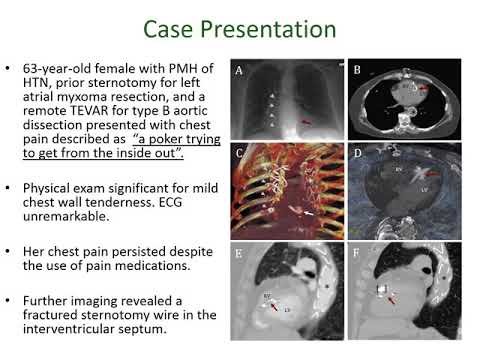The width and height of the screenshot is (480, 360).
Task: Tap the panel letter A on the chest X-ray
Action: [x=239, y=71]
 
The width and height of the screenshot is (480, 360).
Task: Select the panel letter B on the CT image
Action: [x=357, y=71]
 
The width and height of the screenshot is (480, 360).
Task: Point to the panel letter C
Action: [x=240, y=155]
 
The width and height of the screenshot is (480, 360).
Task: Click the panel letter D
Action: [x=358, y=155]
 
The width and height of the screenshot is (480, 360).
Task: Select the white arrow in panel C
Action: [x=310, y=212]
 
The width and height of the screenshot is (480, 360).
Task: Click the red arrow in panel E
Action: [x=274, y=307]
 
